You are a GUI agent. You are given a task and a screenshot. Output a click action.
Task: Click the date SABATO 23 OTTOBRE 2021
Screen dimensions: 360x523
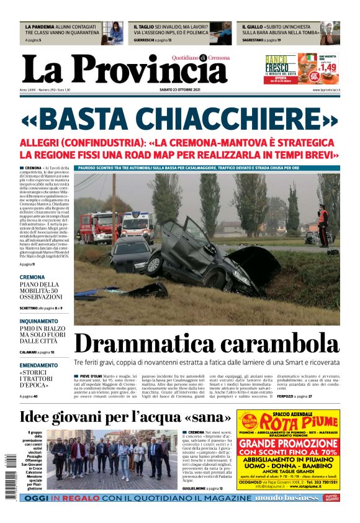click(x=179, y=89)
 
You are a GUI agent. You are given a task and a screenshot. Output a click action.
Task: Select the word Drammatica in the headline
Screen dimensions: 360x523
click(x=143, y=343)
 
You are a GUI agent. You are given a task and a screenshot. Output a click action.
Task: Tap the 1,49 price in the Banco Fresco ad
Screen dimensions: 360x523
click(x=328, y=66)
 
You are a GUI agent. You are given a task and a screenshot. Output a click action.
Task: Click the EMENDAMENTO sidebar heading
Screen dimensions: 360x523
click(x=38, y=365)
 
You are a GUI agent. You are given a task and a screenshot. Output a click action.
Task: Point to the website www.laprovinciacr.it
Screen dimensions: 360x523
click(x=325, y=89)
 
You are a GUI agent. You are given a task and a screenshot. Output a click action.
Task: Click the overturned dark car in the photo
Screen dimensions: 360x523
click(x=211, y=255)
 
